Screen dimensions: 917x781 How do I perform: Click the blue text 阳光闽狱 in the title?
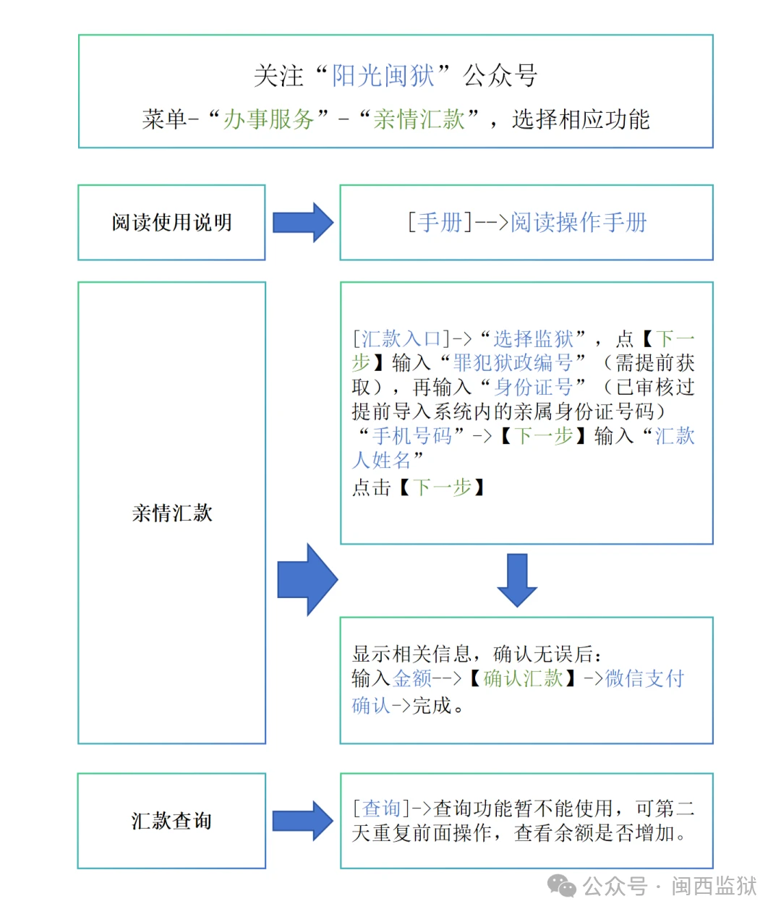point(383,75)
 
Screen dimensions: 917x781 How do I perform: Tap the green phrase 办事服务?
point(268,119)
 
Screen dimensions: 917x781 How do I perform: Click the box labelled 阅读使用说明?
point(171,223)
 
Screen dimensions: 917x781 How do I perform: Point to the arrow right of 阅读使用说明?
point(303,222)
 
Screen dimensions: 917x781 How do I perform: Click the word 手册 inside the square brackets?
point(440,222)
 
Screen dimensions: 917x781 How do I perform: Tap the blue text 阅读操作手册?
point(579,222)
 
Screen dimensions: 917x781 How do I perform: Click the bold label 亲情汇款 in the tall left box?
point(171,513)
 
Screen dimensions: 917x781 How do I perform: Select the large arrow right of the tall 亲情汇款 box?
point(307,579)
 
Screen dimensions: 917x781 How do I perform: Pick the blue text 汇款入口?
point(401,338)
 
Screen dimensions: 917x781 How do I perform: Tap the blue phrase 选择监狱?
point(533,338)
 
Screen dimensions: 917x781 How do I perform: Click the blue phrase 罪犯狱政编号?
point(512,363)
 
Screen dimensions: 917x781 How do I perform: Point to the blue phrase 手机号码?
point(411,435)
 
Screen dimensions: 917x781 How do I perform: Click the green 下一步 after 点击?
point(442,487)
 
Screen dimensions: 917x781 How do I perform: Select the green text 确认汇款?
point(523,678)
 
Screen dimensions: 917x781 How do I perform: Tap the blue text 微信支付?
point(644,678)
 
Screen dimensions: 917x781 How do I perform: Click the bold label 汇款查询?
point(171,821)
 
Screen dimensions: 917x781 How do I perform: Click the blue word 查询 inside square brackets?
point(381,808)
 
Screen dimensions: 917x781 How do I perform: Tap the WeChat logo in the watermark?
point(561,885)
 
